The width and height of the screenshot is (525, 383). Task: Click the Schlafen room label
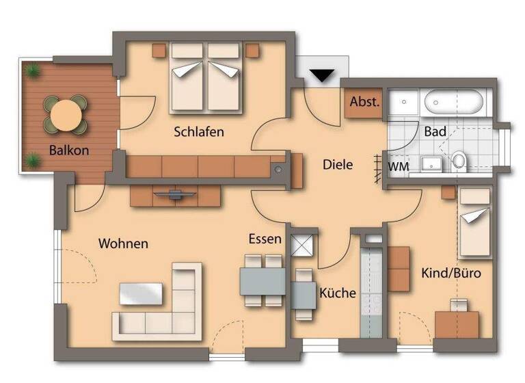click(x=199, y=131)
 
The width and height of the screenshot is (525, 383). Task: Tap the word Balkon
click(x=69, y=150)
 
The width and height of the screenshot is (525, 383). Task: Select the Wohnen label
click(x=123, y=243)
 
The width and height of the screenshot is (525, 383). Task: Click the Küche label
click(x=338, y=293)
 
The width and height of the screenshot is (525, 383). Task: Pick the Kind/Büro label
click(x=450, y=273)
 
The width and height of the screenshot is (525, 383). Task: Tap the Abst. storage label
click(x=365, y=101)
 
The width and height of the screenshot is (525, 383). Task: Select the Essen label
click(x=265, y=239)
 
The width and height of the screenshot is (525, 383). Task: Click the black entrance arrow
click(x=321, y=75)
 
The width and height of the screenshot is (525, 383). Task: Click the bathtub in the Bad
click(x=455, y=104)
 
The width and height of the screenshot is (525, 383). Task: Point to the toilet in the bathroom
click(x=459, y=161)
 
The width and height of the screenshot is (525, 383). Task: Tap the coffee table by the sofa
click(x=142, y=293)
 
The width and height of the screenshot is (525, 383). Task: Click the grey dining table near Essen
click(x=262, y=280)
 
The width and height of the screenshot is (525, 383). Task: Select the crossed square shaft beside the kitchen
click(x=301, y=244)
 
